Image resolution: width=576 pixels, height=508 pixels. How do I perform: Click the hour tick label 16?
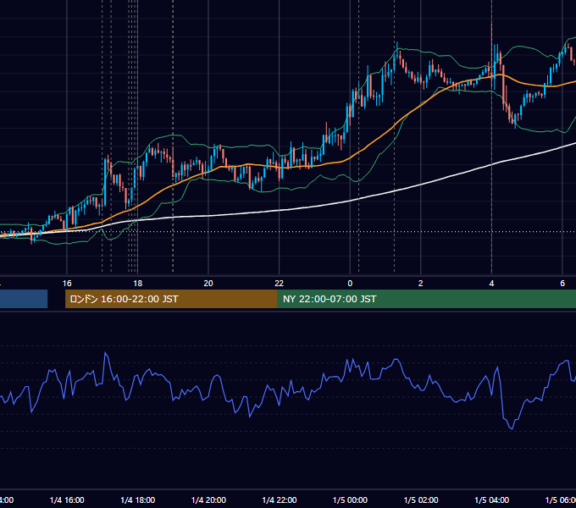(67, 284)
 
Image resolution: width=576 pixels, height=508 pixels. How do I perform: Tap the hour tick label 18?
(137, 284)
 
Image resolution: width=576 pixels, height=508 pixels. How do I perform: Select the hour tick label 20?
(208, 284)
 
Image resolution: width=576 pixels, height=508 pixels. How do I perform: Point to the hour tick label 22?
(280, 284)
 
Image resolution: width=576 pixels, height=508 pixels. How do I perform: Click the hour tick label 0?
(350, 284)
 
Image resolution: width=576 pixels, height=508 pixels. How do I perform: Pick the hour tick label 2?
(421, 284)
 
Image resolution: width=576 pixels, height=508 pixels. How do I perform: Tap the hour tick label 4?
(491, 284)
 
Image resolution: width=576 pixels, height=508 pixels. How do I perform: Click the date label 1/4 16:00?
(67, 500)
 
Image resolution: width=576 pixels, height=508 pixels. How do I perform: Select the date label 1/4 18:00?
(138, 500)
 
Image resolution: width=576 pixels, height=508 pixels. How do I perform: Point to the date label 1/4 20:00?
(208, 500)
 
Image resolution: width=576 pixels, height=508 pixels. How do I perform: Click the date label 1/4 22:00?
(280, 500)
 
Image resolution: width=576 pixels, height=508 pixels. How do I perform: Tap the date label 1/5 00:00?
(350, 500)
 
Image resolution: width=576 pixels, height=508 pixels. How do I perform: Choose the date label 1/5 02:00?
(421, 500)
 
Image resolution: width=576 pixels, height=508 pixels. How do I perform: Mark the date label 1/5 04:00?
(492, 500)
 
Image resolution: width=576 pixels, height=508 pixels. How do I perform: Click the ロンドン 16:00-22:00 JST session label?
(124, 299)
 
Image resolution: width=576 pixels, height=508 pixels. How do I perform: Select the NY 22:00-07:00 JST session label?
(330, 299)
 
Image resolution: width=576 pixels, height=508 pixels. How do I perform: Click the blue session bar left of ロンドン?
(24, 299)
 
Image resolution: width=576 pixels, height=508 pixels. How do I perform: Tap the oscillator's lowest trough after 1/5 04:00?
(512, 428)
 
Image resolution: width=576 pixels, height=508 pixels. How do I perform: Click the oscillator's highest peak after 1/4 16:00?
(105, 353)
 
